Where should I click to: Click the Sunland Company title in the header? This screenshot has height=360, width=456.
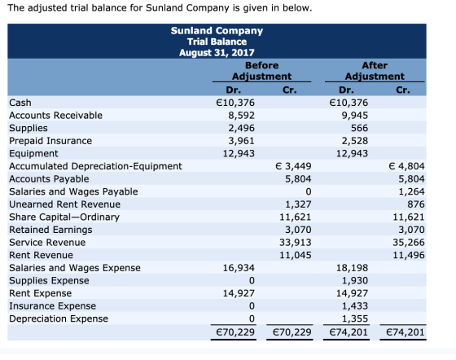coord(217,30)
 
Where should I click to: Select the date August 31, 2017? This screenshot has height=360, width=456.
coord(217,53)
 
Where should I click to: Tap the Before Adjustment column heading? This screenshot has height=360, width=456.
coord(261,71)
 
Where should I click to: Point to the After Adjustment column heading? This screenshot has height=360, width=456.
coord(375,71)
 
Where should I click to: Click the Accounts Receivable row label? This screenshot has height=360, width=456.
coord(55,116)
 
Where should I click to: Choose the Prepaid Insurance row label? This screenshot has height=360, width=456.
coord(50,141)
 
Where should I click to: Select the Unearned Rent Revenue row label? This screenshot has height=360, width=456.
coord(64,204)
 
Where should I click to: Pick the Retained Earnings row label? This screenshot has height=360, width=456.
coord(50,230)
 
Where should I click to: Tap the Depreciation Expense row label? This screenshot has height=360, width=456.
coord(59,318)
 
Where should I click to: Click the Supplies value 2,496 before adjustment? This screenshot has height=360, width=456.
coord(241,128)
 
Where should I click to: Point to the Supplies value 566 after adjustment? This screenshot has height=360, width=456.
coord(359,128)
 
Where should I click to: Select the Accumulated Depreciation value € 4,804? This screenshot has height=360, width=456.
coord(406,166)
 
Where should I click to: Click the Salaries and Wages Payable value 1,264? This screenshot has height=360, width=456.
coord(411,191)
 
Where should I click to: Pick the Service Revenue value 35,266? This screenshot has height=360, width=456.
coord(409,242)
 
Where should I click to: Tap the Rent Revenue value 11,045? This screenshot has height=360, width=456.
coord(295,255)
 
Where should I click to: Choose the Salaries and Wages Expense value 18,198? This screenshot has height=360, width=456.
coord(352,268)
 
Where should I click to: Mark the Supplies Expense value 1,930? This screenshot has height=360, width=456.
coord(355,281)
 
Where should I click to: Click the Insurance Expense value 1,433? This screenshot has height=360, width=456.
coord(355,306)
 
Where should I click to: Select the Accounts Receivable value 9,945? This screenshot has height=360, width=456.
coord(355,116)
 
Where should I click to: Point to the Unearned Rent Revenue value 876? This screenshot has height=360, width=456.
coord(416,204)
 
